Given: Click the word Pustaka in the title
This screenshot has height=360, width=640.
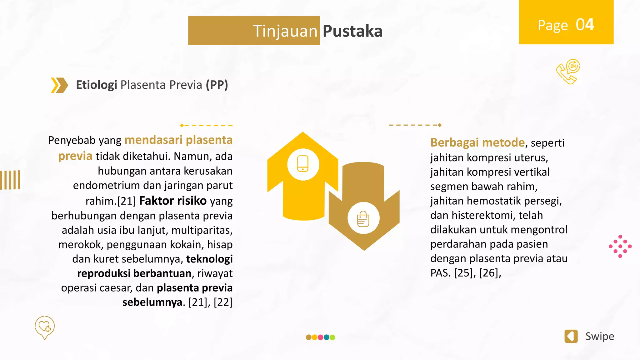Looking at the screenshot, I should point(352,31).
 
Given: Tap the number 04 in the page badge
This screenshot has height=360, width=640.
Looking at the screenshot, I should point(585,25).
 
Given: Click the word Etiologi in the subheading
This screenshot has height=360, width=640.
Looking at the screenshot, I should point(96,85).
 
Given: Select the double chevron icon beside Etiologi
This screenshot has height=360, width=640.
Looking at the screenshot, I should point(59,85).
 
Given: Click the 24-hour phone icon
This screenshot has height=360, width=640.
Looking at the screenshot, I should point(568,72).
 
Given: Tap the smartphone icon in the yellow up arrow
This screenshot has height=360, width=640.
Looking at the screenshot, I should point(303,164).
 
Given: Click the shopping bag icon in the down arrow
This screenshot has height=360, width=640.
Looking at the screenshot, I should point(363,218).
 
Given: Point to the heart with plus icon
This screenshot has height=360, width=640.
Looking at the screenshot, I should point(45,327).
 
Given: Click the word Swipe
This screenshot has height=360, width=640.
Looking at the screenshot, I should point(599,336).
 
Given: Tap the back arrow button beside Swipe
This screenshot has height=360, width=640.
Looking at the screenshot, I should point(571,336).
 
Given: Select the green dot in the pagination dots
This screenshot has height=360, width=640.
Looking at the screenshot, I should point(332,337).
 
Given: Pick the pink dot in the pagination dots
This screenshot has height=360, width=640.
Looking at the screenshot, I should point(320,337).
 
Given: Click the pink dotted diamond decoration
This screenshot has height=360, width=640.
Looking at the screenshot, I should point(620,246).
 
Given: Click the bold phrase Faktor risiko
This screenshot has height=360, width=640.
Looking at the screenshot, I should point(173,201).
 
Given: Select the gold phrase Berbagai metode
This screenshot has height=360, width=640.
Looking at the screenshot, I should point(477,142).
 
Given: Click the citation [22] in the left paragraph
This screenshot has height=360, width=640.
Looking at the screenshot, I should point(223,302).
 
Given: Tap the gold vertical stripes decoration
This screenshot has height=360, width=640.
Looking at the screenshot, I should point(10,180).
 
